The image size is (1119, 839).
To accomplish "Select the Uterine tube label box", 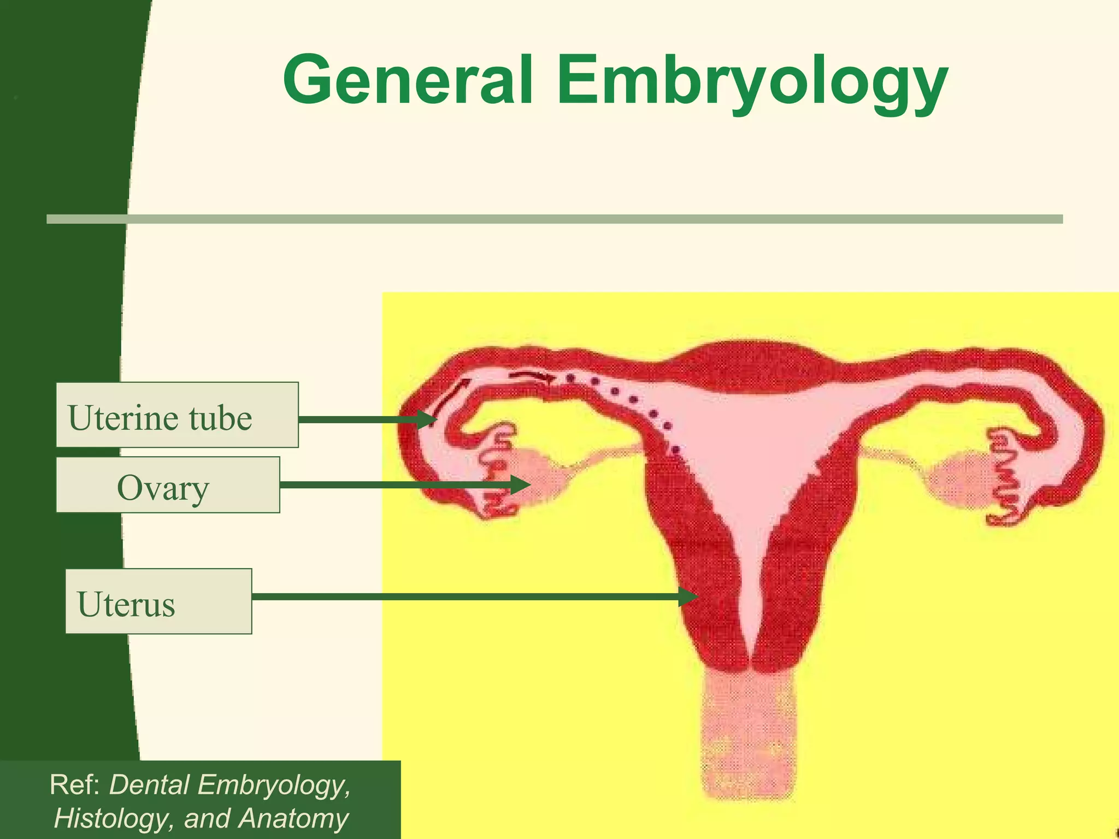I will point(177,415).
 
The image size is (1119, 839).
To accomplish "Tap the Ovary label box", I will point(168,485).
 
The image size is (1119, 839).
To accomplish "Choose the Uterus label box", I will point(158,601).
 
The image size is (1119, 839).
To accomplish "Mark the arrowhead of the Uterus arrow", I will point(690,596).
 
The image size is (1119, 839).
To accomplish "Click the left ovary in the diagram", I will point(538,474).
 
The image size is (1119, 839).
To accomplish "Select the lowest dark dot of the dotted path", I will point(676,450).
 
